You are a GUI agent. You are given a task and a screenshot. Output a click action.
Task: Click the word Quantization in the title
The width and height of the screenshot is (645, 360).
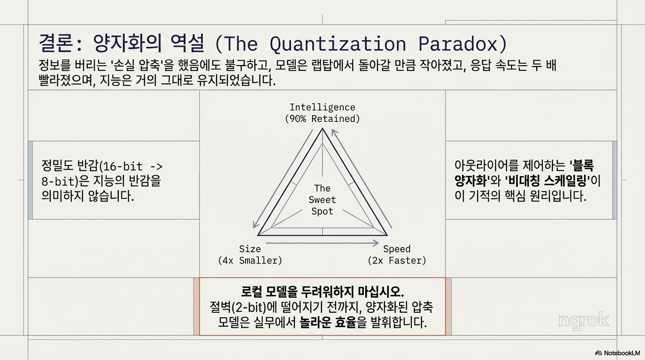coord(337,45)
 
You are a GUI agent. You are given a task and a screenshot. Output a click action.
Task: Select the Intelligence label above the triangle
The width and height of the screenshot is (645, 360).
coord(322,107)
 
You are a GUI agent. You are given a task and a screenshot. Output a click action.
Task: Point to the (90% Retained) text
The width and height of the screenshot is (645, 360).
coord(322,119)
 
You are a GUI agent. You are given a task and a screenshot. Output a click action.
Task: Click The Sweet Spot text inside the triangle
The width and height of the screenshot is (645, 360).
coord(322,200)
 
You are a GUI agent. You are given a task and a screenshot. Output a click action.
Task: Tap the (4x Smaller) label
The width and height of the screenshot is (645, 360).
coord(250,261)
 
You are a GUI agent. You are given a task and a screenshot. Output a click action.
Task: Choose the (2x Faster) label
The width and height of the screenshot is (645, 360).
coord(397,261)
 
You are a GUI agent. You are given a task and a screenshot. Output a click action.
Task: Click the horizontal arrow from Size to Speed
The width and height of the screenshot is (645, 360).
coord(322,243)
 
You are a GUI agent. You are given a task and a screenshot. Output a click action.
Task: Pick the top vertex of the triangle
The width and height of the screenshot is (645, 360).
coord(322,128)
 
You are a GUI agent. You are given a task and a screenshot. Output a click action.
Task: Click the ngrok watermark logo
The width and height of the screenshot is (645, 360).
coord(584,320)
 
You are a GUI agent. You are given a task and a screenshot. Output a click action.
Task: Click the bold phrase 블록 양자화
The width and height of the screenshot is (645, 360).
coord(525,173)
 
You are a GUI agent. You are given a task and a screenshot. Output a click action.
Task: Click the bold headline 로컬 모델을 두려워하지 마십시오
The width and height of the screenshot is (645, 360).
coord(322,292)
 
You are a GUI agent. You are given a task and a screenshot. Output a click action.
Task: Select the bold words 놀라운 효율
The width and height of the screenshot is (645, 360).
coord(328,322)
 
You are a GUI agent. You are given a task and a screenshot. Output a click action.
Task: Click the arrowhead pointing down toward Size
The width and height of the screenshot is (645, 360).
coord(255,225)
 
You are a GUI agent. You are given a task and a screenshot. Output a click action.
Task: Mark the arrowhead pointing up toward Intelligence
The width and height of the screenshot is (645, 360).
coord(334,132)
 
